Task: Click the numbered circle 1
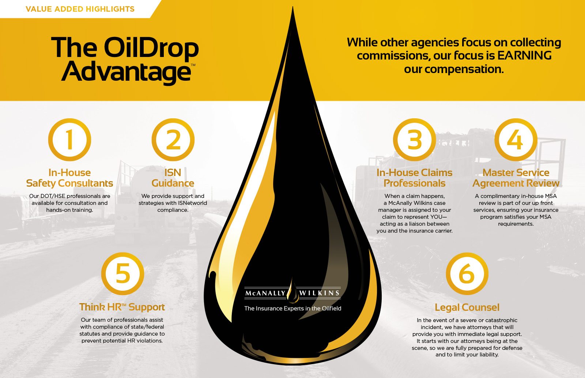69,140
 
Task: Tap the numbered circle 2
173,140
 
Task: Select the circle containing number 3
414,140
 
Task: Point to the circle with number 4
516,140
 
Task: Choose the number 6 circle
467,274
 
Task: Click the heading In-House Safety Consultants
69,178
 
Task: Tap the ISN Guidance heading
173,178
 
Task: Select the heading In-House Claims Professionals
414,178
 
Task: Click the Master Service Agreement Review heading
516,178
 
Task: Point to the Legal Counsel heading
467,308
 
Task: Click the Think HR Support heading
122,307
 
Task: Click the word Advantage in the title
126,72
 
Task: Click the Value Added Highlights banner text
80,9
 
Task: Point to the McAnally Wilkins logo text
292,293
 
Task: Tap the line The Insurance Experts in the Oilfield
292,309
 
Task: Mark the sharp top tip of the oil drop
292,8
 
